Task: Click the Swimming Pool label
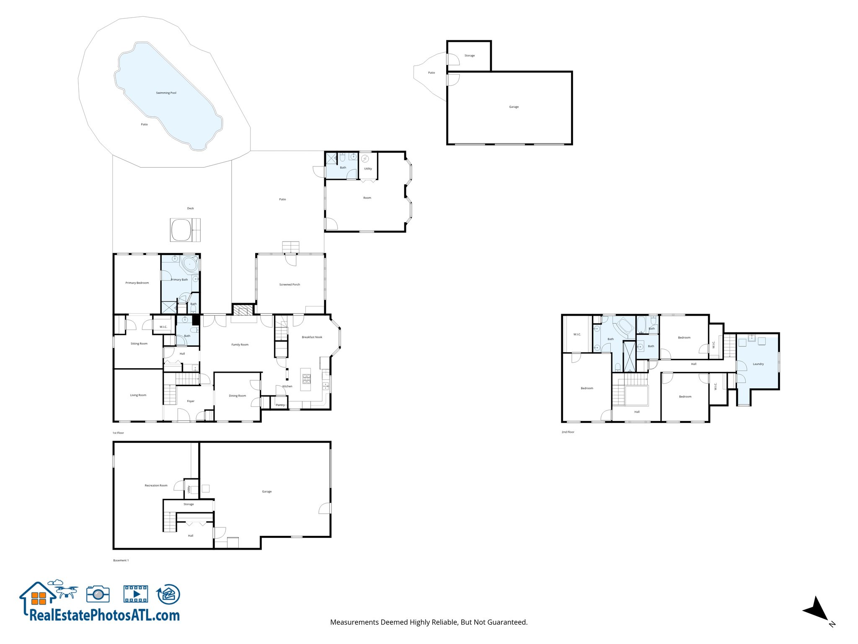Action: tap(166, 93)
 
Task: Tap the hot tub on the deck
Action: tap(181, 230)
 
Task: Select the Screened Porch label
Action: tap(289, 285)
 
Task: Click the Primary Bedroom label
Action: tap(137, 283)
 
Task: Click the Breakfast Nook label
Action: tap(312, 337)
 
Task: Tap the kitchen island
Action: tap(306, 379)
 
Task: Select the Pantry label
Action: tap(280, 405)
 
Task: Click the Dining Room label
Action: tap(238, 396)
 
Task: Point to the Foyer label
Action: tap(191, 401)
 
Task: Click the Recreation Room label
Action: tap(156, 486)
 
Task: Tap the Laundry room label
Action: tap(758, 364)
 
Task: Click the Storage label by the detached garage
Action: tap(470, 56)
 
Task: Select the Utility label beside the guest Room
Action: tap(368, 169)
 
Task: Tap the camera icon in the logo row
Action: tap(98, 594)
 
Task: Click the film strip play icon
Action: tap(136, 594)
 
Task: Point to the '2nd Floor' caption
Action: tap(568, 432)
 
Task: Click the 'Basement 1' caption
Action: tap(121, 560)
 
